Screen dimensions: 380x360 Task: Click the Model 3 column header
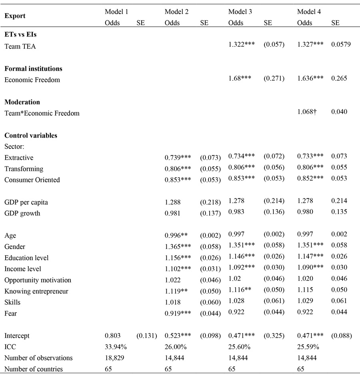coord(240,12)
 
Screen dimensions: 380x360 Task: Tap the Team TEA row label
coord(20,46)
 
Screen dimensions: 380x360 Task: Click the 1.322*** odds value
coord(242,44)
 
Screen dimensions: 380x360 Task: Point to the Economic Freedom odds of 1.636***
coord(310,78)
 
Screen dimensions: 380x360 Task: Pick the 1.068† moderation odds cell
coord(307,112)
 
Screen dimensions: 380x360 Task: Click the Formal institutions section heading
coord(33,69)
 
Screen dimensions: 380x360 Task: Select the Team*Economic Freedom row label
coord(42,113)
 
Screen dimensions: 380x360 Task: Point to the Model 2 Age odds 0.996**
coord(176,236)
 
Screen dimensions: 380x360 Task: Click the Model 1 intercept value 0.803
coord(112,336)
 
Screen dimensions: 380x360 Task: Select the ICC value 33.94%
coord(116,346)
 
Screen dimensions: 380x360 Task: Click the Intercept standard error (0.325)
coord(274,336)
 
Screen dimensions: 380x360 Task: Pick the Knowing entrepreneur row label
coord(36,291)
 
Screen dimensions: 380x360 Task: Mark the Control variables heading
coord(31,136)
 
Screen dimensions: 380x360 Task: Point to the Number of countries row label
coord(34,369)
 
